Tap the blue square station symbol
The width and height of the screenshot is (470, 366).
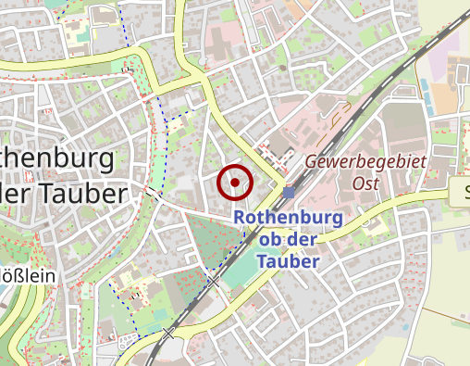(x=290, y=192)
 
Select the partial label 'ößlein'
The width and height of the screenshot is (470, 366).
(x=28, y=275)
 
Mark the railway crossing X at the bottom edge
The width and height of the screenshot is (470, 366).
(x=168, y=332)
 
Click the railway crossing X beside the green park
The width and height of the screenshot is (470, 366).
(x=212, y=281)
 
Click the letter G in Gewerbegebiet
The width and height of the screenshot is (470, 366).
(x=311, y=161)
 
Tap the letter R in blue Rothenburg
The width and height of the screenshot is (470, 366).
(x=241, y=217)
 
